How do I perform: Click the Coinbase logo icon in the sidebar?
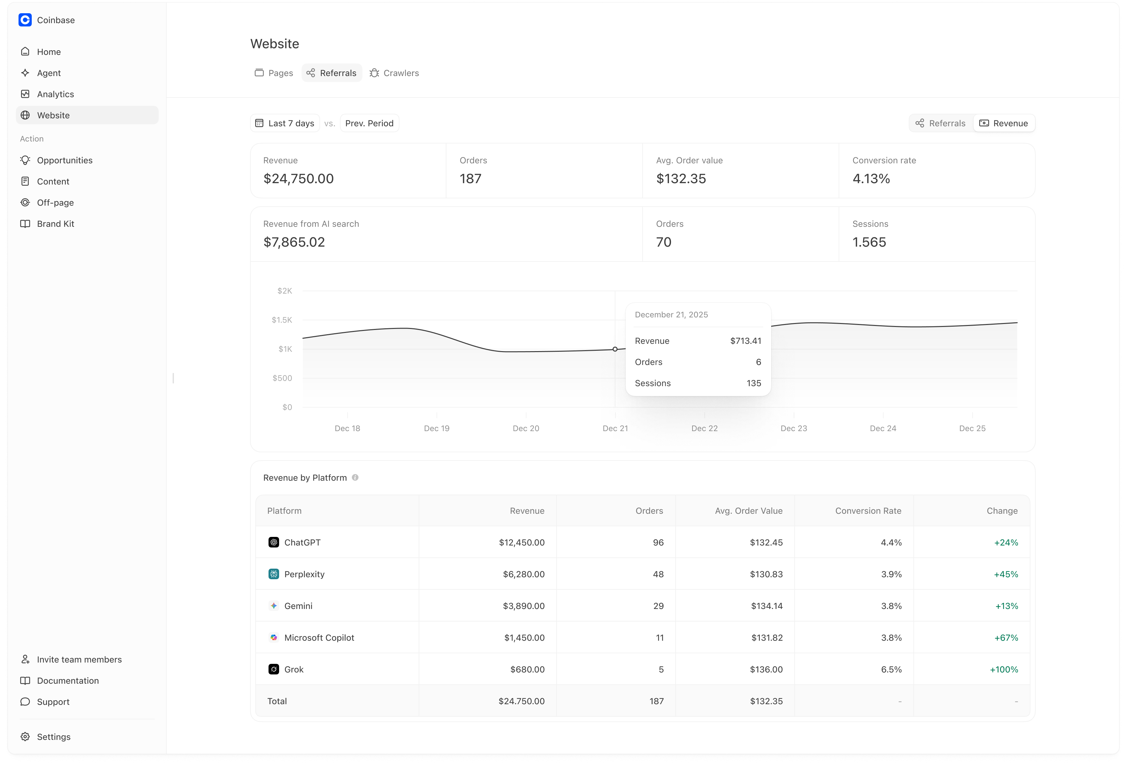(25, 20)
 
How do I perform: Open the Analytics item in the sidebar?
(55, 94)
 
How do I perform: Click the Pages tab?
(274, 73)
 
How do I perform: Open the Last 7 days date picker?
(285, 123)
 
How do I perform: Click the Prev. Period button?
(369, 123)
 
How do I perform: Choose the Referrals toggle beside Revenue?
(941, 123)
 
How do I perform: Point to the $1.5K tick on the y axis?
(282, 320)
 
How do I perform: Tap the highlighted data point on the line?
(615, 349)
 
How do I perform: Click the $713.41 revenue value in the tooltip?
(745, 341)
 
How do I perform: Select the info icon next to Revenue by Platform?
(355, 478)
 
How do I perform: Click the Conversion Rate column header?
(868, 510)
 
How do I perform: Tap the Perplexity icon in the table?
(273, 574)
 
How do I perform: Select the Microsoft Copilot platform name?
(319, 637)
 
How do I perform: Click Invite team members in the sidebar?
(79, 659)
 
